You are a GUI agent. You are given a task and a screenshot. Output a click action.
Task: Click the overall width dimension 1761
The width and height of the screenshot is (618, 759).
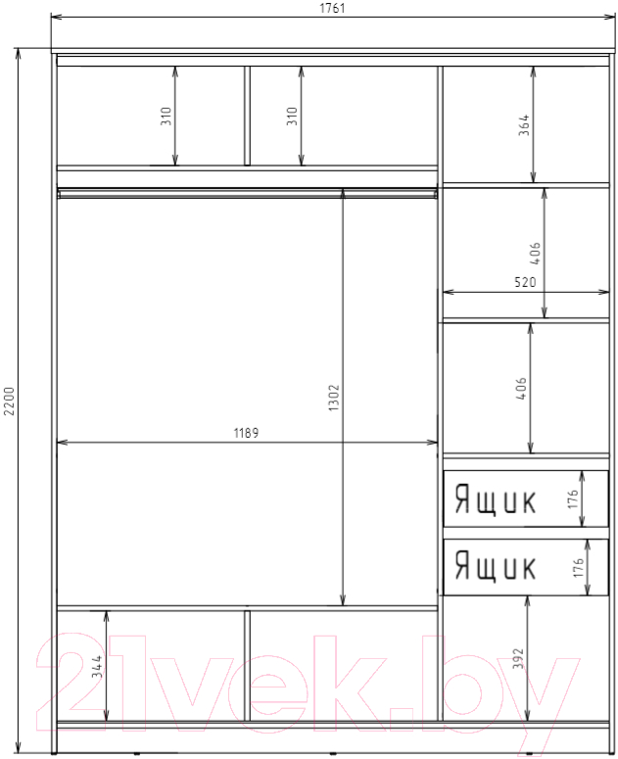point(332,8)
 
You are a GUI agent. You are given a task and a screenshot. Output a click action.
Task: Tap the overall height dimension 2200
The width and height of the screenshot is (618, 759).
point(10,401)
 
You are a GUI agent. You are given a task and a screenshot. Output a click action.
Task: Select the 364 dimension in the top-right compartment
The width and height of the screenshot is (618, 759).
point(524,125)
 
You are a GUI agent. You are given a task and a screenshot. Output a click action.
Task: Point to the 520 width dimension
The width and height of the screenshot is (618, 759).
point(525,281)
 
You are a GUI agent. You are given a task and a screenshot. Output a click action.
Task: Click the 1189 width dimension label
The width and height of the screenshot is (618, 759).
point(246,432)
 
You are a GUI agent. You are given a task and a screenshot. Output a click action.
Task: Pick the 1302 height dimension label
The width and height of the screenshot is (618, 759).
point(334,398)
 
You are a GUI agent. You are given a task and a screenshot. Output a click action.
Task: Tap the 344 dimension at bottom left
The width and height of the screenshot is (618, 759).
point(97,666)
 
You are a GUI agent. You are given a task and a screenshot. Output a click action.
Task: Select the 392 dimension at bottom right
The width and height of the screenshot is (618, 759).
point(518,658)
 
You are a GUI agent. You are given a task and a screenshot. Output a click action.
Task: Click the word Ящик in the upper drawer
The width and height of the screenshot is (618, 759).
point(495,499)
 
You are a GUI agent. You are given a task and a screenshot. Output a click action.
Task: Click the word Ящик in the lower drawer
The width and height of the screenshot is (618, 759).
point(495,566)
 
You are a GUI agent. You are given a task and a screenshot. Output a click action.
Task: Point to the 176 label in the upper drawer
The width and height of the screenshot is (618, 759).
point(573,498)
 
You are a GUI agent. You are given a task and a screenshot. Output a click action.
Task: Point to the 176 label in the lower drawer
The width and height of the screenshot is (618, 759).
point(578,567)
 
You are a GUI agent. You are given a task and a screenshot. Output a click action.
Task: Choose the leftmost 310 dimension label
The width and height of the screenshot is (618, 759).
point(166,117)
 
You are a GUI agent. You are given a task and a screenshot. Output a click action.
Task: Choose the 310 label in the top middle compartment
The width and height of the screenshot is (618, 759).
point(292,117)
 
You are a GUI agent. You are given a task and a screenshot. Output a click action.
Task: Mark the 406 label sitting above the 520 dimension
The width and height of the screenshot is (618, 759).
point(536,253)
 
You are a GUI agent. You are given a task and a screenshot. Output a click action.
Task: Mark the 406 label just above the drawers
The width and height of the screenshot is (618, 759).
point(521,388)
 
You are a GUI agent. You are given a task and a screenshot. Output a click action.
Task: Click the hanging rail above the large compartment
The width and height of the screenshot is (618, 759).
point(247,194)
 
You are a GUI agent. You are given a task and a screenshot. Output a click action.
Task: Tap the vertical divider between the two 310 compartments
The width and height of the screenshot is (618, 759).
point(247,116)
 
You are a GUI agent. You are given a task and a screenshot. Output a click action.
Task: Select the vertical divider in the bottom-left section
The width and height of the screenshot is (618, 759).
point(247,666)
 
